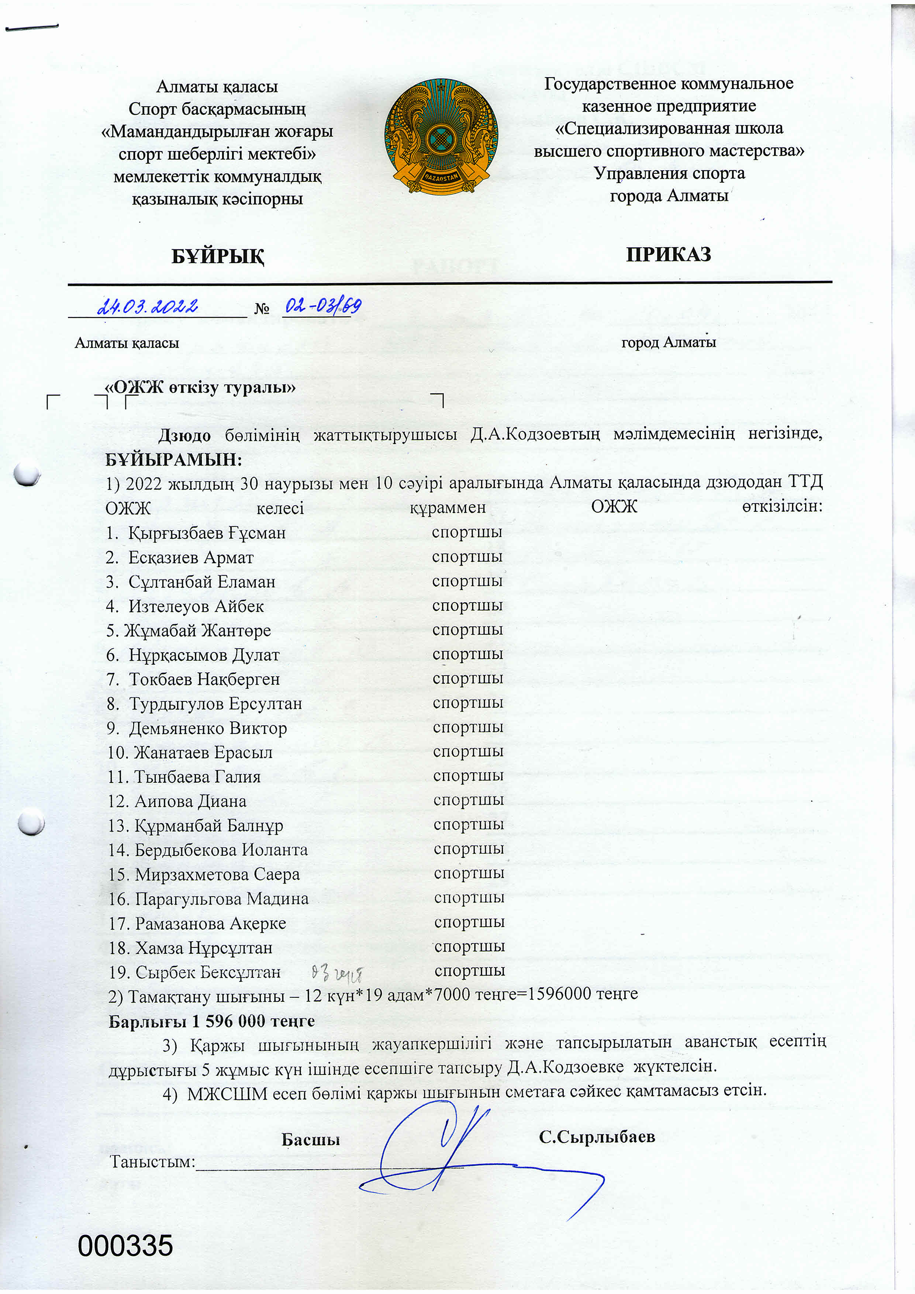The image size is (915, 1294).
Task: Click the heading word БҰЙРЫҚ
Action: [x=217, y=256]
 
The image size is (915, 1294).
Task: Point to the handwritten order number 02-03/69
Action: [x=322, y=306]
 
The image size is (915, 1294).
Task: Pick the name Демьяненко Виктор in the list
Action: [x=208, y=728]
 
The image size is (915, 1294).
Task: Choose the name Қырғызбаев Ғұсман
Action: [x=207, y=532]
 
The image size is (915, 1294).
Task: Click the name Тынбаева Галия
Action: [x=197, y=777]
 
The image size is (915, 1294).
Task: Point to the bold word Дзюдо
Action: [x=184, y=435]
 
